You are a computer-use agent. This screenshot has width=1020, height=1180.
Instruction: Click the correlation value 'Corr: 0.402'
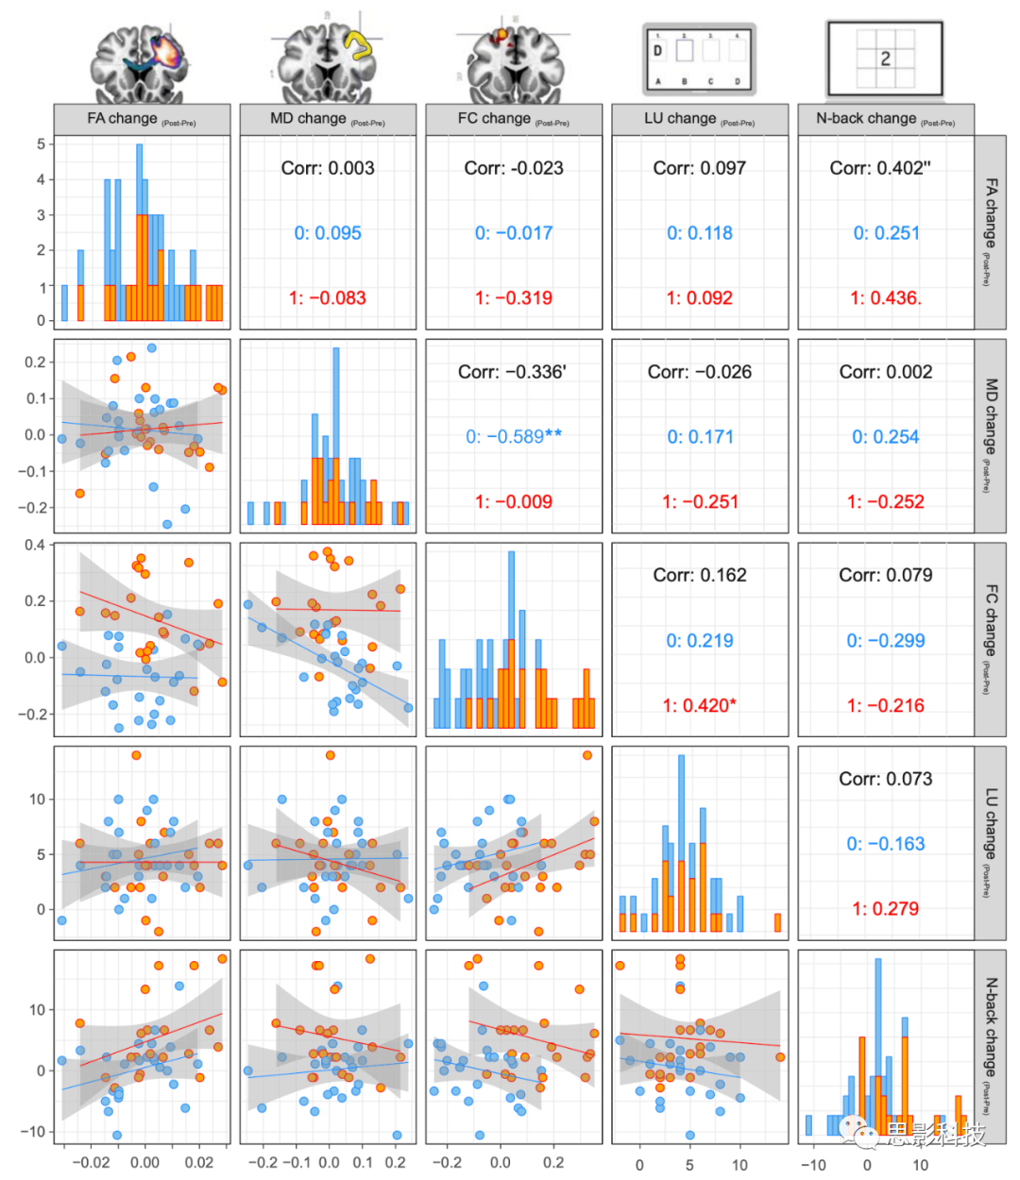coord(879,168)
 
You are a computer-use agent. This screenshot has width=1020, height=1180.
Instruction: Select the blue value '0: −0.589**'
coord(514,436)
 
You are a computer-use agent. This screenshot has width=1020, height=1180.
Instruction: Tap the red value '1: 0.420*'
coord(699,705)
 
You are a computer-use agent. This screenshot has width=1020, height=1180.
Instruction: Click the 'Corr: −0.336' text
coord(512,372)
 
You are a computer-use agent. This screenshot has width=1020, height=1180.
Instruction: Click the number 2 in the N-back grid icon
coord(885,58)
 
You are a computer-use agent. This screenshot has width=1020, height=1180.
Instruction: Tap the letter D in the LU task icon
coord(658,50)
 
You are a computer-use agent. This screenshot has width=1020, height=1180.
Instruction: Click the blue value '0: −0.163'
coord(885,843)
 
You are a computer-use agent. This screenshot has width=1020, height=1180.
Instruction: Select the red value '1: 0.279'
coord(885,908)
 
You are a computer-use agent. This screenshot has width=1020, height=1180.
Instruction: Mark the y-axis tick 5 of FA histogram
coord(41,144)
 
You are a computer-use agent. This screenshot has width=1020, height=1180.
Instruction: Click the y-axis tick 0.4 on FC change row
coord(35,545)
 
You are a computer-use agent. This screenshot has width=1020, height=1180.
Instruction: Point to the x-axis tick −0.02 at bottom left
coord(92,1162)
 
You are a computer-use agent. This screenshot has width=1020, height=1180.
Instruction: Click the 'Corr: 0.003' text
coord(328,168)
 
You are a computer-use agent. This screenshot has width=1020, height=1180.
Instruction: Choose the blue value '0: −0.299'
coord(885,640)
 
